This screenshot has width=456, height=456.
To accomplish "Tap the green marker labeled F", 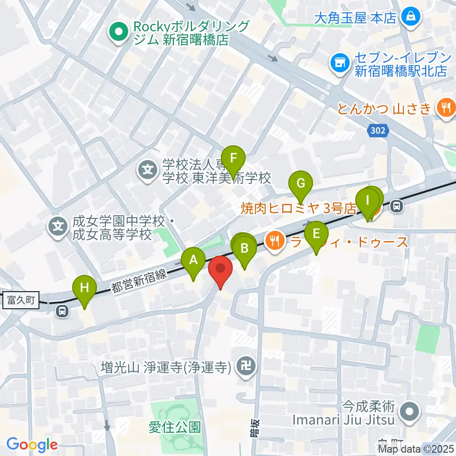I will pos(233,158).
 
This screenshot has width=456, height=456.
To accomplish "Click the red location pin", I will pos(221,268).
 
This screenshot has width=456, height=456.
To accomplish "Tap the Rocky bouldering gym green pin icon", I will pos(117,32).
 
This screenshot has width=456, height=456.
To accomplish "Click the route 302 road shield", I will pos(378,130).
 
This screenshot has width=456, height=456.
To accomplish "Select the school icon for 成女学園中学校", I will pos(58,225).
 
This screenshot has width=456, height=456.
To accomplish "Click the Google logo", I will pos(32,445).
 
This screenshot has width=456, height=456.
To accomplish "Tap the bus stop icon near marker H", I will pos(61,311).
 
